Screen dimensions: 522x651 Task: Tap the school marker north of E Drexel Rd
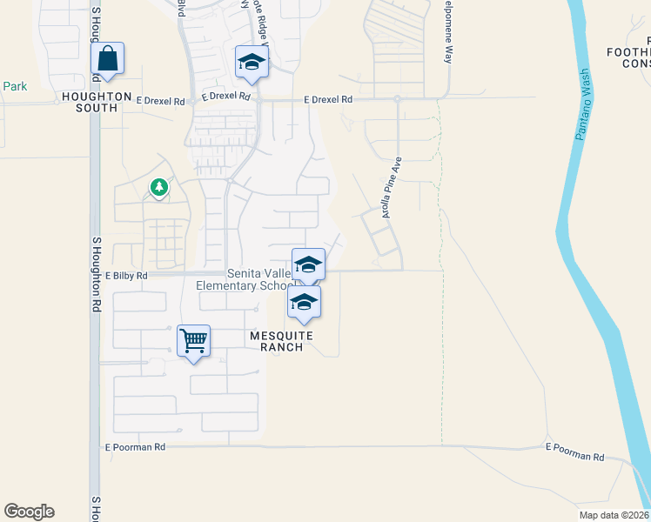(252, 62)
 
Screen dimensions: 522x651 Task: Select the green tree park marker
(158, 187)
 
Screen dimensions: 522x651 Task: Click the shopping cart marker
(193, 340)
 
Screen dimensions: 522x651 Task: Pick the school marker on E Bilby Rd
(308, 264)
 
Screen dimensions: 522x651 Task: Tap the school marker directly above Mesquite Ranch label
(304, 302)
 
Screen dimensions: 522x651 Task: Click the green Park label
(15, 86)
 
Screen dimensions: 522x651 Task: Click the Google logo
(30, 512)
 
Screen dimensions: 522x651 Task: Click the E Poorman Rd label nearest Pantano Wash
(574, 452)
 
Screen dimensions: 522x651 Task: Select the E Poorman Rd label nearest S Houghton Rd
(136, 447)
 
